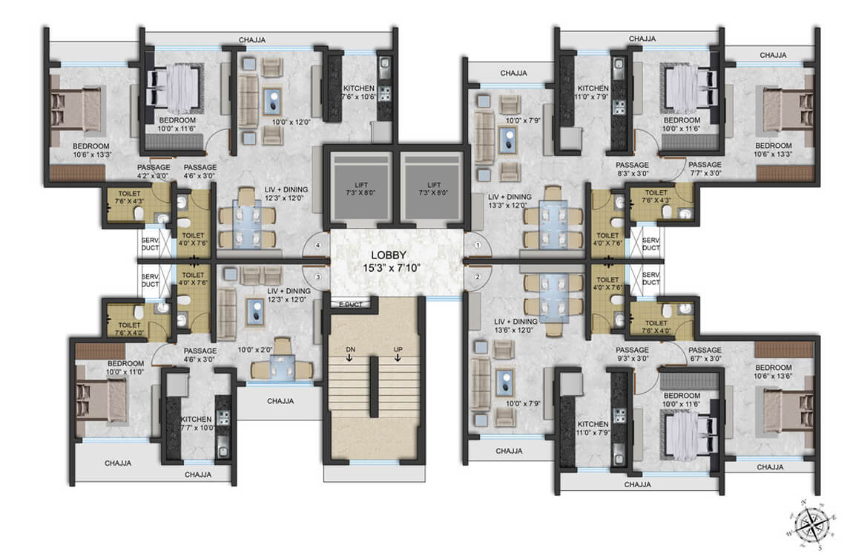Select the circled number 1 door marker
coord(478,244)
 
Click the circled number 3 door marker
coord(317,277)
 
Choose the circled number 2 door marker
coord(478,277)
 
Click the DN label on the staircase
coord(350,348)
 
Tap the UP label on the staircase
coord(398,348)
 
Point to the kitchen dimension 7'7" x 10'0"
coord(197,428)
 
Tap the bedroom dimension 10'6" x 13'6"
coord(774,377)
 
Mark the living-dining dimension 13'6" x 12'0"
coord(510,332)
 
